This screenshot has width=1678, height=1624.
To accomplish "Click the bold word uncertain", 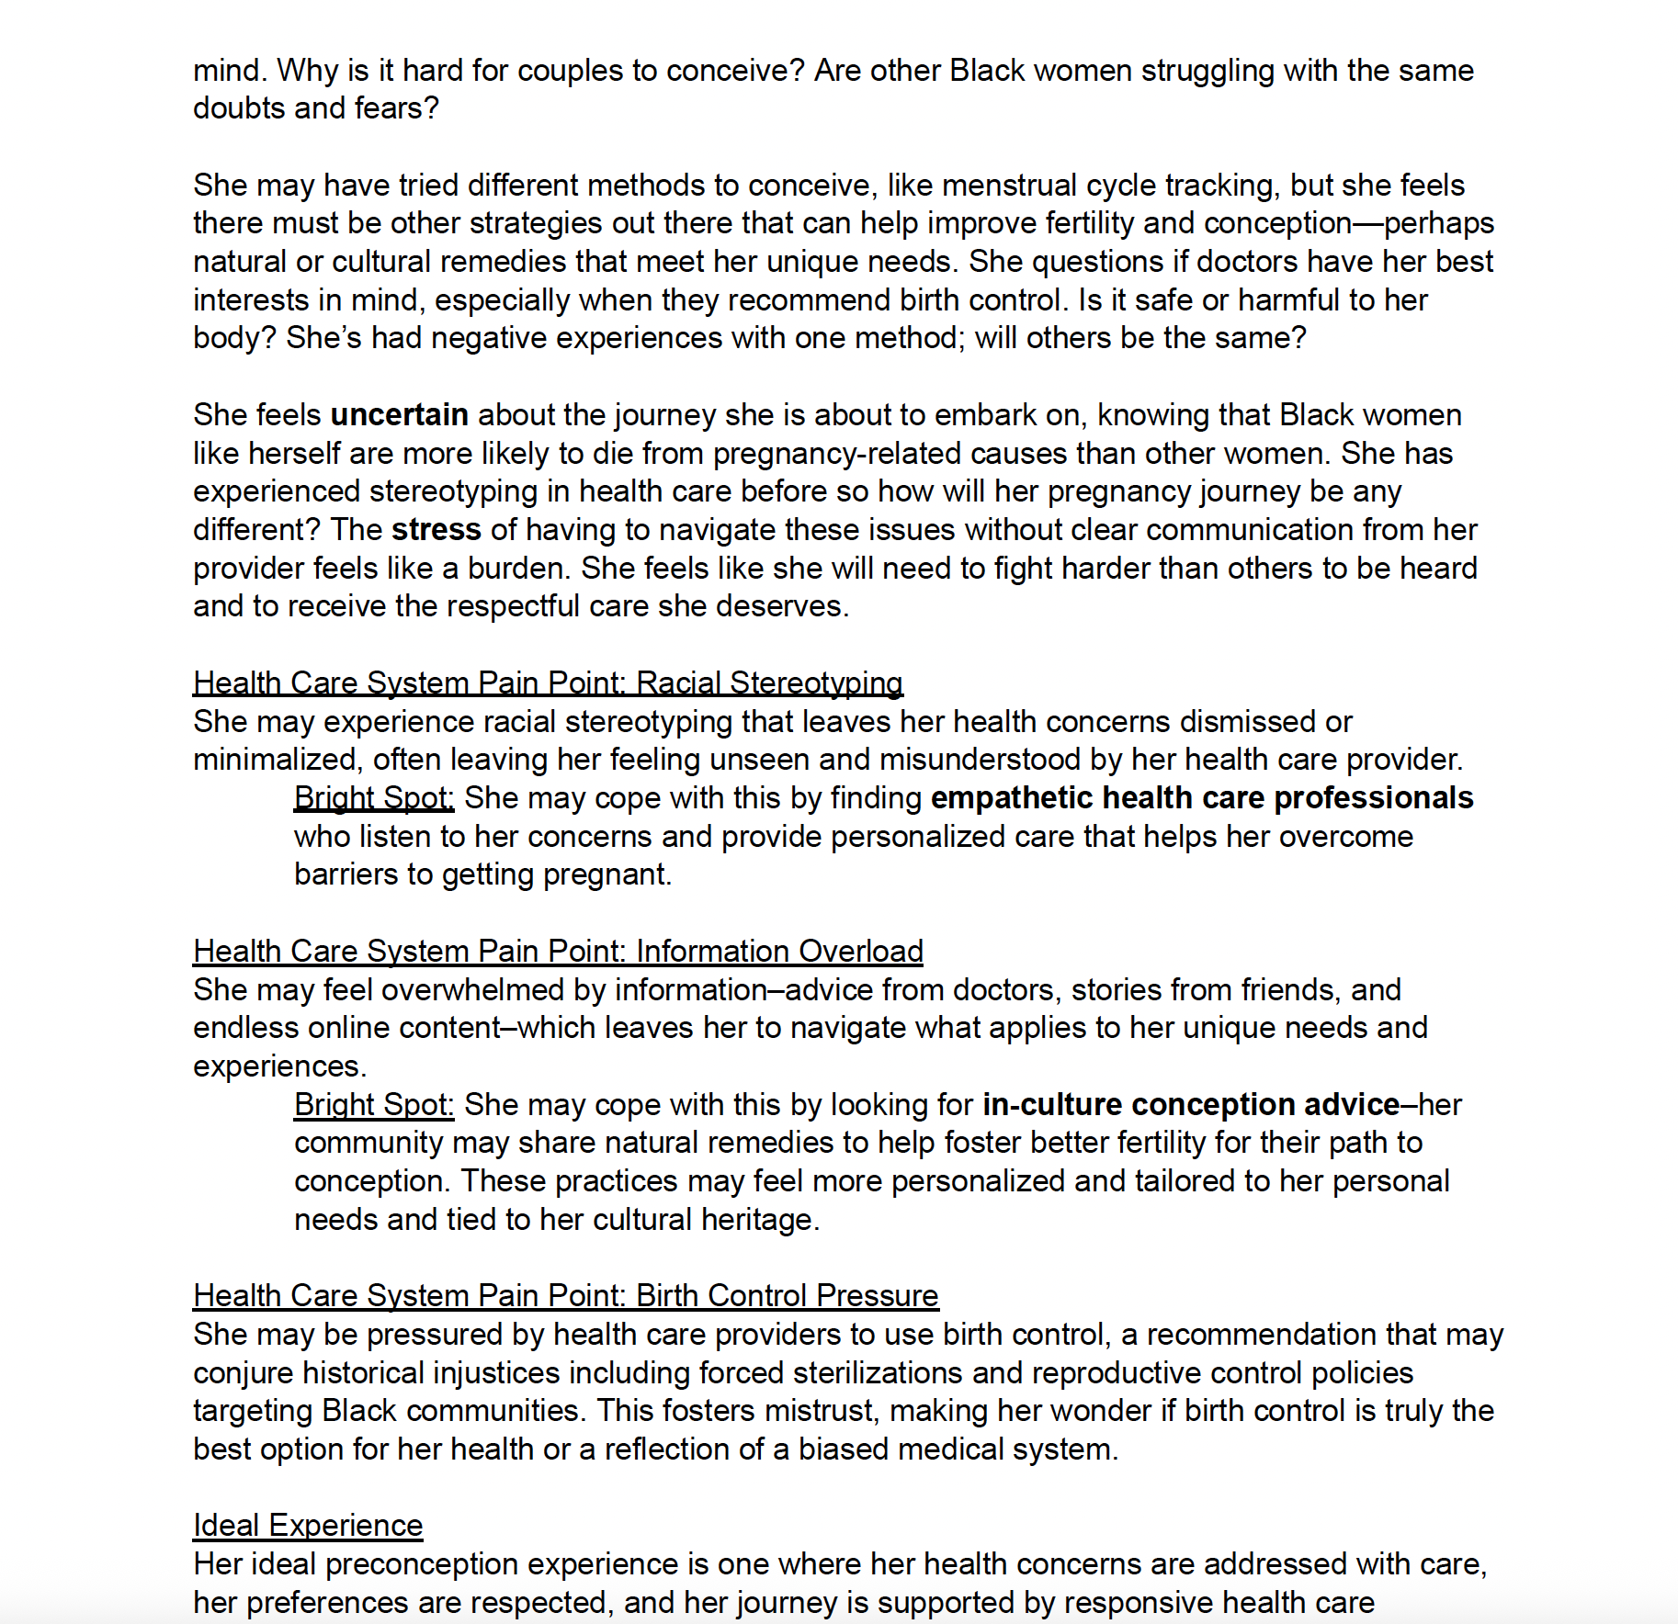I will click(399, 415).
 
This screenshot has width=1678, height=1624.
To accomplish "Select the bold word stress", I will click(436, 530).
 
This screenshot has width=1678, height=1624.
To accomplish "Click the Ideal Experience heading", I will click(308, 1526).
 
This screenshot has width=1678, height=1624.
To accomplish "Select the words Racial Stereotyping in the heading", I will click(769, 683).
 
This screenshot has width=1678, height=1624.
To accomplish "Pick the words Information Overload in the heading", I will click(779, 952).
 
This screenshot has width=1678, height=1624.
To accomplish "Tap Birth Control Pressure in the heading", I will click(787, 1296).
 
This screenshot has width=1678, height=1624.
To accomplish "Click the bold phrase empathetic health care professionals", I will click(1201, 798).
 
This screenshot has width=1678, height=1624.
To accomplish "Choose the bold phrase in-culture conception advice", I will click(1190, 1105).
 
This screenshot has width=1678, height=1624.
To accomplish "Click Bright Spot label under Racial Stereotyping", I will click(374, 798).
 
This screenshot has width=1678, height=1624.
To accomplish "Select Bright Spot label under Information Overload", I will click(374, 1105).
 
